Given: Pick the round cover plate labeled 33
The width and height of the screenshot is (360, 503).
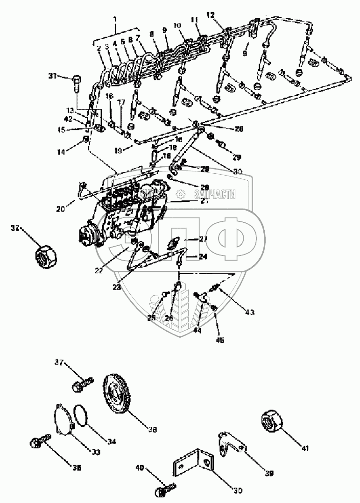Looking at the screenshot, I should click(x=64, y=419).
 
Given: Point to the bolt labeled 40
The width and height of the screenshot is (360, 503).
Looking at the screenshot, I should click(x=165, y=488).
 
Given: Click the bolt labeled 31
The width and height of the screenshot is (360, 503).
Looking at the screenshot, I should click(x=77, y=85).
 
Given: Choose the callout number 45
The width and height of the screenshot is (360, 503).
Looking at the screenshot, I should click(x=220, y=340).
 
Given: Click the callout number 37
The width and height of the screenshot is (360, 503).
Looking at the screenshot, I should click(x=58, y=362).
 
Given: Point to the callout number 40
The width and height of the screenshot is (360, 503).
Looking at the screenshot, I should click(x=139, y=467).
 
